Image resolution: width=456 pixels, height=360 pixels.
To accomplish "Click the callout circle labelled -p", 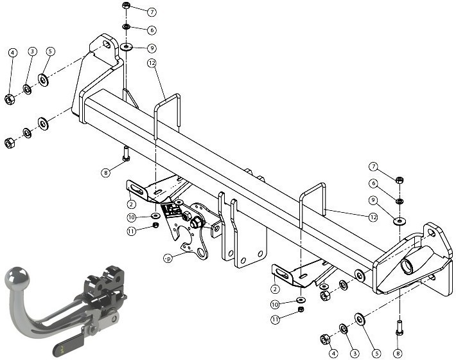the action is click(x=168, y=258).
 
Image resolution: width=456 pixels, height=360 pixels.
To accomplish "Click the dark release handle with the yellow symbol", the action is click(x=68, y=346).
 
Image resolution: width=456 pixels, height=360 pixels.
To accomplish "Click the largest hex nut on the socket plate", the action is click(x=197, y=223).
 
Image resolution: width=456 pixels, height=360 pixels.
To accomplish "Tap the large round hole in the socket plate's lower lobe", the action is click(x=200, y=252).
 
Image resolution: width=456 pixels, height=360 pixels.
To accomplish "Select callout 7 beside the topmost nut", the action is click(x=152, y=12).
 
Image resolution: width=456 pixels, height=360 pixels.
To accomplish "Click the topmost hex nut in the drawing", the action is click(x=126, y=5).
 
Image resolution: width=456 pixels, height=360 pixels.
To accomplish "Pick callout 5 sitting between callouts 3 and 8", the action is click(x=376, y=354).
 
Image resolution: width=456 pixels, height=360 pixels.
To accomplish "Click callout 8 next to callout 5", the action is click(x=398, y=354).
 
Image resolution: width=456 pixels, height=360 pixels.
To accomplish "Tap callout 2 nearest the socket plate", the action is click(x=132, y=204).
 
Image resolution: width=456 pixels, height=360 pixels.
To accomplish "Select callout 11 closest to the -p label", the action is click(x=132, y=231).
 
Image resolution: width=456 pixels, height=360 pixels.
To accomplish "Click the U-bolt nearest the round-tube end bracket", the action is click(x=313, y=204).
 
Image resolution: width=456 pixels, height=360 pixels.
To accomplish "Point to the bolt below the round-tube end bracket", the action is click(x=399, y=328).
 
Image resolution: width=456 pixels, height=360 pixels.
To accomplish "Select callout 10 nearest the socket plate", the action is click(x=132, y=217).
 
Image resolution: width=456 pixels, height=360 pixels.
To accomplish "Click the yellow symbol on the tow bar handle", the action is click(x=62, y=349).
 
